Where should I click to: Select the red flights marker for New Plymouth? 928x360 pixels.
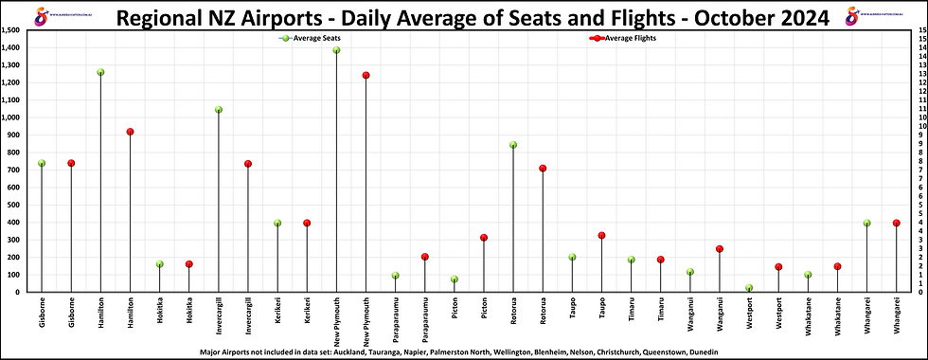[x=366, y=75]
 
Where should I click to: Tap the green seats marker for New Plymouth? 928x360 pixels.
[x=336, y=50]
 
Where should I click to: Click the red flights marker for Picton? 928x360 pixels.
[x=484, y=238]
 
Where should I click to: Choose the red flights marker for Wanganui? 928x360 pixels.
[x=720, y=249]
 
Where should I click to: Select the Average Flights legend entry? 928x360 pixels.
[x=625, y=38]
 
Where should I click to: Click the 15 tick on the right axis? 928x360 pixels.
[x=918, y=30]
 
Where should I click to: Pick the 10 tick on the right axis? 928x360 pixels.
[x=918, y=117]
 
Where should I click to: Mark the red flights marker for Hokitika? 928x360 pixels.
[x=189, y=264]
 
